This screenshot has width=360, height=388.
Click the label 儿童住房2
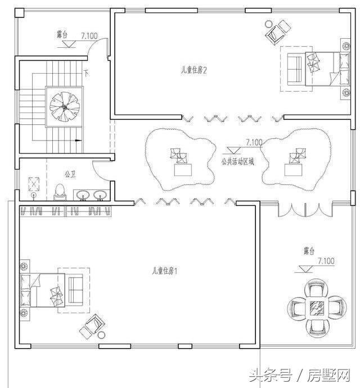click(193, 70)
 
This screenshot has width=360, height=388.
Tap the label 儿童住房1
click(165, 271)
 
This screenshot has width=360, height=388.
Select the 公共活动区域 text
click(238, 162)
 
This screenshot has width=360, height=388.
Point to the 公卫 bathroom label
click(70, 174)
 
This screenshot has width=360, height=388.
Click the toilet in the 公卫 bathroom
click(60, 192)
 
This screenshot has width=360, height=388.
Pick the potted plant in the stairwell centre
click(65, 107)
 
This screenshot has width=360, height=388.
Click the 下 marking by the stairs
click(86, 73)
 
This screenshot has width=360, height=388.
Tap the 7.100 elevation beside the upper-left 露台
click(89, 36)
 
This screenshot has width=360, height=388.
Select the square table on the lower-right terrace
click(317, 307)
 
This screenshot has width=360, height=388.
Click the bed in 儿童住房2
click(327, 69)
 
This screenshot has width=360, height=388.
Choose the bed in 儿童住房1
click(43, 290)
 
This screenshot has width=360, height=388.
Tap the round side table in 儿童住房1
click(101, 335)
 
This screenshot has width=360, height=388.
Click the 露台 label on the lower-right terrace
click(309, 251)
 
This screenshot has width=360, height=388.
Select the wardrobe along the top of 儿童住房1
click(65, 211)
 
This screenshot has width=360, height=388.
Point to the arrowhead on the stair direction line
click(78, 141)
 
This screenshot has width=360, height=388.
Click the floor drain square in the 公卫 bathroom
click(34, 184)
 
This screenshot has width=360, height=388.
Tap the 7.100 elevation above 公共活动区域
click(254, 142)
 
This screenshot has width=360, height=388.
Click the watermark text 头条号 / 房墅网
click(300, 376)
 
